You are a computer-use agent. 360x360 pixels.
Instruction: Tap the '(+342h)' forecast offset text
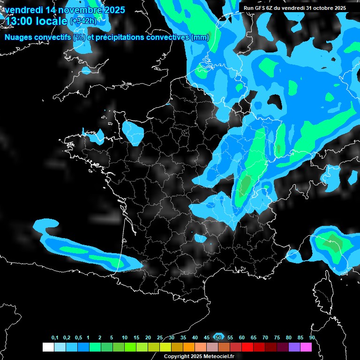point(84,21)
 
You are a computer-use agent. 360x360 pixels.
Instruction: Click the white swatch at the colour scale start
point(48,347)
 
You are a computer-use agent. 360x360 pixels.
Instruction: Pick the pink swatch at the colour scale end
point(306,347)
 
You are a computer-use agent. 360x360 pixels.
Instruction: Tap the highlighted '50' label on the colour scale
point(218,337)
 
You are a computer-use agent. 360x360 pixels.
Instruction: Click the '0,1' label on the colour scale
point(55,337)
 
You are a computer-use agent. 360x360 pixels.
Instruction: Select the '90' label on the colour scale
point(312,337)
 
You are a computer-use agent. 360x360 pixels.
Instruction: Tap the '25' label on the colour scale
point(160,337)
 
